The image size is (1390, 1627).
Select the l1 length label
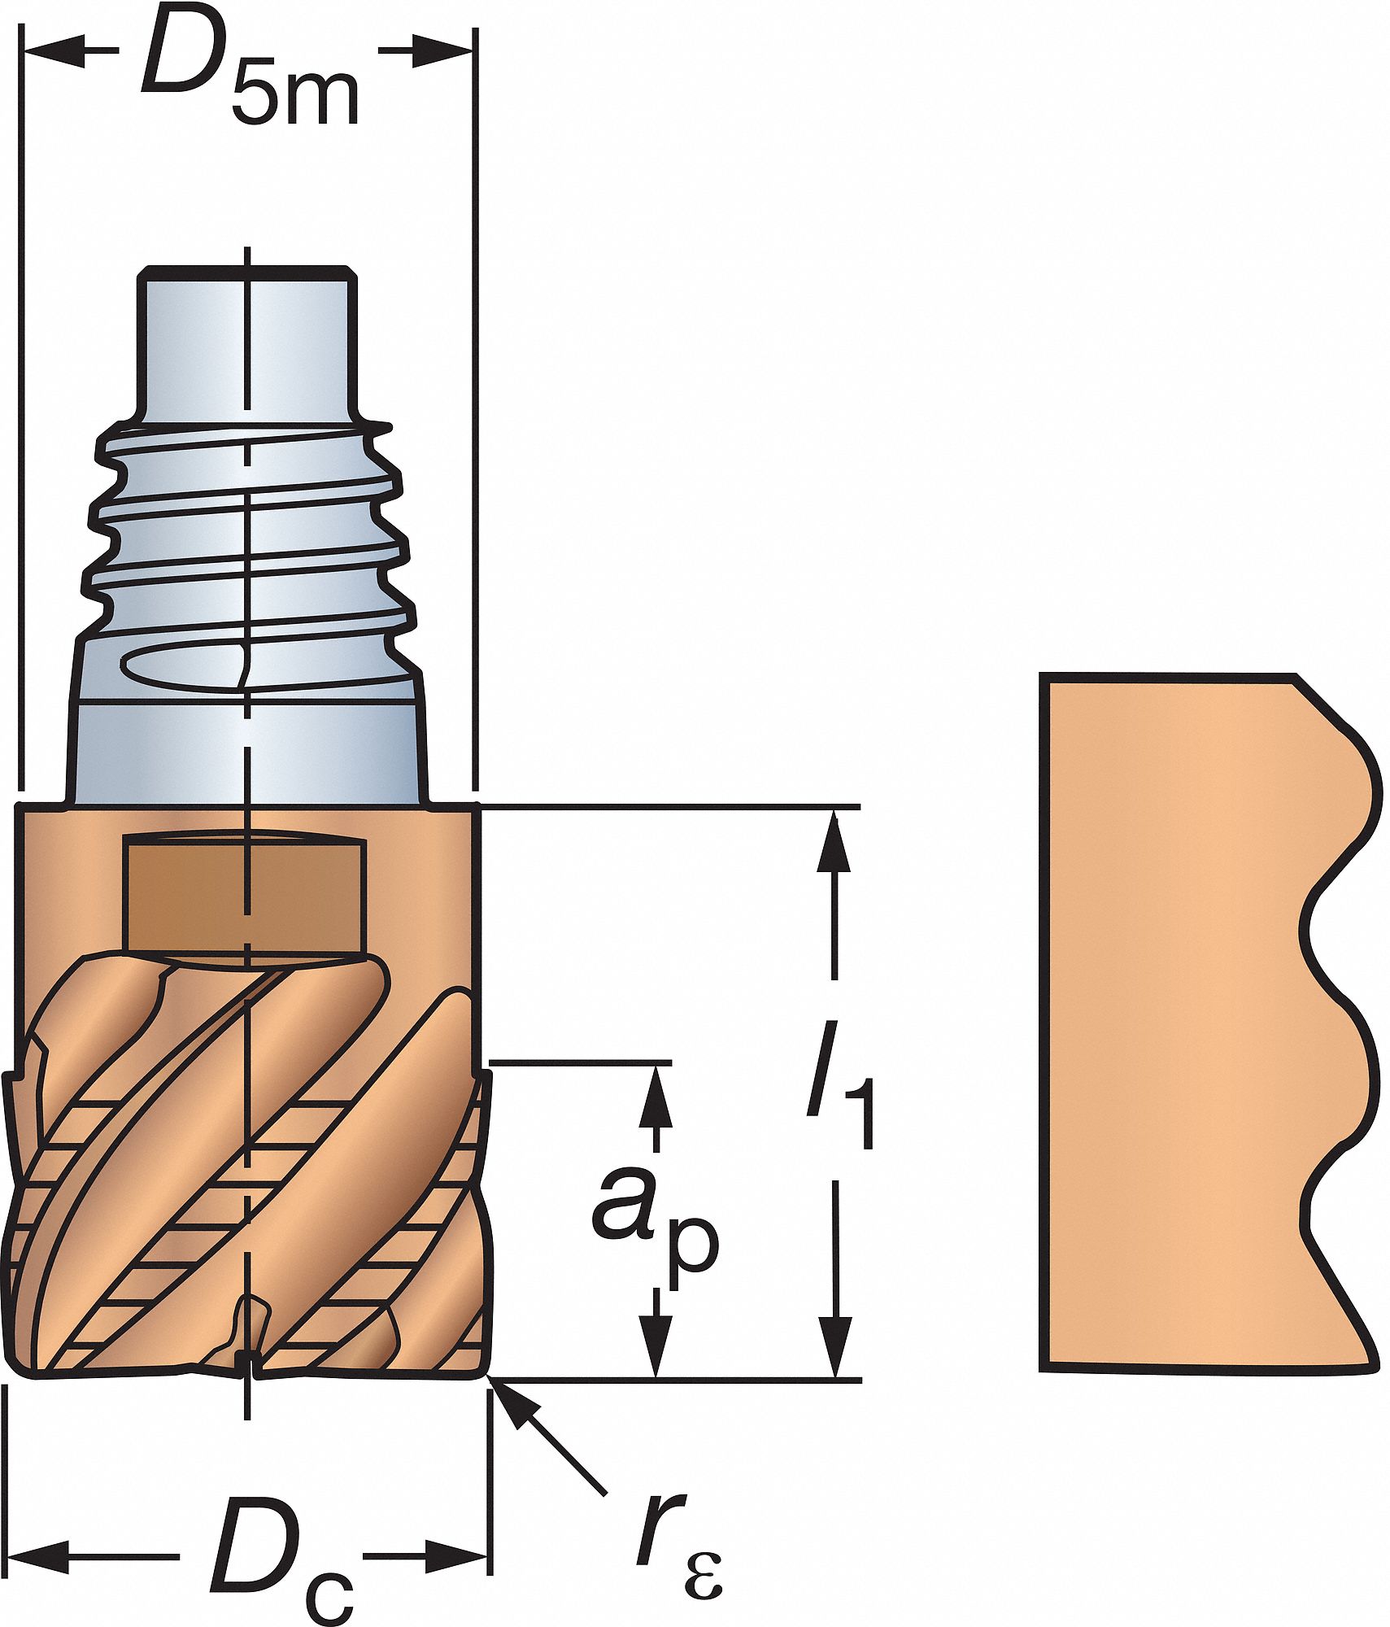pyautogui.click(x=841, y=1085)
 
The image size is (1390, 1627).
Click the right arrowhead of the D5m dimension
pyautogui.click(x=444, y=50)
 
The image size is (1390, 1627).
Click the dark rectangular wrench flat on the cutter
pyautogui.click(x=242, y=893)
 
